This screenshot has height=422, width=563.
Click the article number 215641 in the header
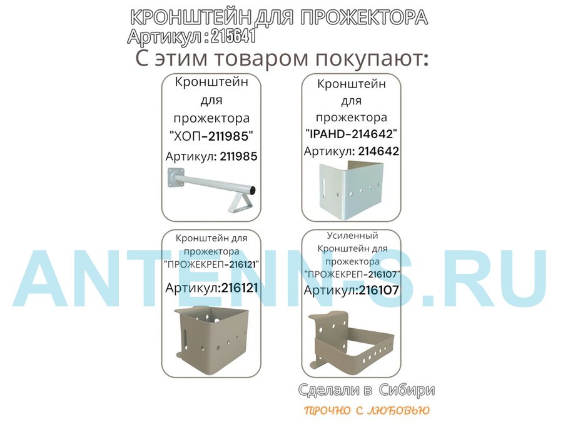(233, 36)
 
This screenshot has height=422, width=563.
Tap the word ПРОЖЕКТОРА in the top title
(363, 18)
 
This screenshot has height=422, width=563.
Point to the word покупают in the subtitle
(372, 58)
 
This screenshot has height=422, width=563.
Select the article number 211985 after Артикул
(239, 156)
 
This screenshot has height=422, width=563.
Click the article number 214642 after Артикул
(378, 151)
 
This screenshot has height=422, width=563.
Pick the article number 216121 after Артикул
(240, 288)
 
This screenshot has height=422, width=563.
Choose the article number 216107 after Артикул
(379, 290)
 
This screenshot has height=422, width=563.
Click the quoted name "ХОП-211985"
(211, 136)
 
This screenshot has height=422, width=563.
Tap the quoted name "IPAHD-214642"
(351, 134)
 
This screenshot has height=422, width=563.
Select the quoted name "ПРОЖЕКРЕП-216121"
(211, 265)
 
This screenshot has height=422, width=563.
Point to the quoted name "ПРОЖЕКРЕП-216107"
(352, 274)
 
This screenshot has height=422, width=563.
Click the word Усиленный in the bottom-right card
(352, 236)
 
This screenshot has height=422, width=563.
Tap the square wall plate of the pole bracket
(176, 177)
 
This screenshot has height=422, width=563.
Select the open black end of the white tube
(253, 189)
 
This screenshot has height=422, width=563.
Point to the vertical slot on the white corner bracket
(325, 186)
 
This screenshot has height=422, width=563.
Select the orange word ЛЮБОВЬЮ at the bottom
(399, 410)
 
